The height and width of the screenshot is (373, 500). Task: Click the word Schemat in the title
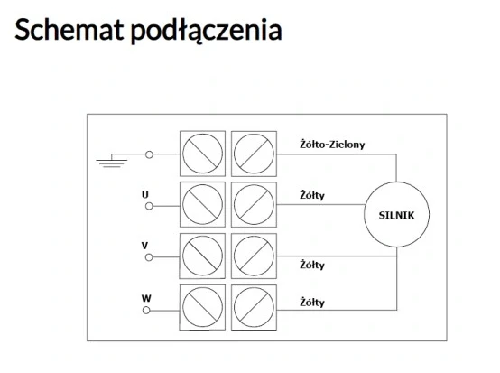point(69,30)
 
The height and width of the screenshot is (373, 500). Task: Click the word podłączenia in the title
point(207,31)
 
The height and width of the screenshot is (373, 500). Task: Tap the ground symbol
point(112,161)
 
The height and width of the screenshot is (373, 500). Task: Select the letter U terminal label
point(145,194)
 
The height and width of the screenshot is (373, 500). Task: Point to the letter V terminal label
point(144,246)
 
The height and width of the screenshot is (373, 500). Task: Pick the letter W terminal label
point(146,298)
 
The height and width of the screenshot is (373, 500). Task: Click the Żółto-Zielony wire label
point(332,145)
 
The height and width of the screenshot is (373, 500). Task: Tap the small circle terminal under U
point(149,206)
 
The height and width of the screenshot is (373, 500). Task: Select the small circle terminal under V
point(149,257)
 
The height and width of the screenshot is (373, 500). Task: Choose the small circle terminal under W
point(146,310)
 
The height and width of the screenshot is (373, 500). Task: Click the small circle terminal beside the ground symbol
point(149,154)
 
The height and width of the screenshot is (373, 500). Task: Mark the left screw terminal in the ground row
point(202,154)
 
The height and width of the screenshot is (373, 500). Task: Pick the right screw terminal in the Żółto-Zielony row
point(254,154)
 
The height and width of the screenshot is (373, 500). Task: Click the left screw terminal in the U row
point(202,204)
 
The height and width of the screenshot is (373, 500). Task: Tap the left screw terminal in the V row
point(202,256)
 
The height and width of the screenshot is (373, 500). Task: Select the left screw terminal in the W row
point(202,307)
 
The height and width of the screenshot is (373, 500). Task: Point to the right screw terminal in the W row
point(254,307)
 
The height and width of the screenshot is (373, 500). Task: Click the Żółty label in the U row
point(312,195)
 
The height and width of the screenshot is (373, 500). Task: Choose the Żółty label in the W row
point(312,303)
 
